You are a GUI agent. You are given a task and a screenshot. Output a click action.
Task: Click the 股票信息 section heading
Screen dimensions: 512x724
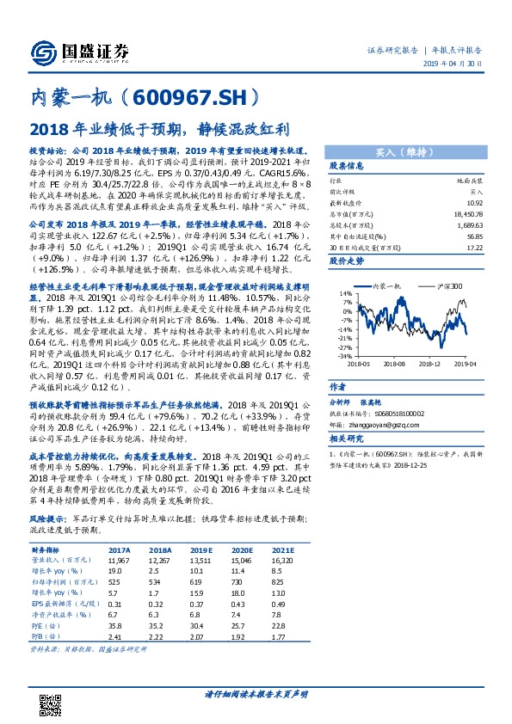tap(349, 165)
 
